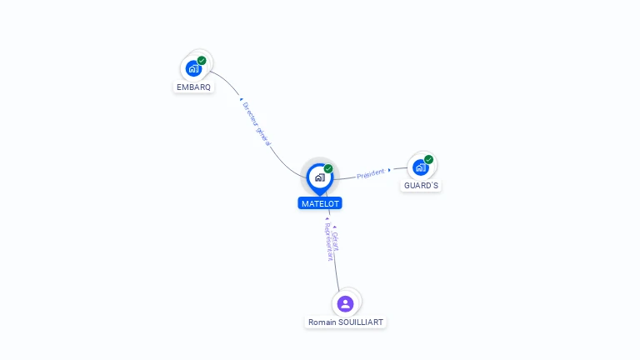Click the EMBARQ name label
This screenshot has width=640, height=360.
coord(193,87)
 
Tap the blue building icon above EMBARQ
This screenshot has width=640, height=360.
coord(193,68)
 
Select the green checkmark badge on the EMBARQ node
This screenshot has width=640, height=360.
coord(202,61)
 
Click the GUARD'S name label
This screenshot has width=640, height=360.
coord(421,186)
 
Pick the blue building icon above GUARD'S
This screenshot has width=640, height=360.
coord(420,167)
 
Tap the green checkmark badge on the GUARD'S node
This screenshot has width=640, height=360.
coord(428,160)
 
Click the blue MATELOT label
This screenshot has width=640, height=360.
coord(320,203)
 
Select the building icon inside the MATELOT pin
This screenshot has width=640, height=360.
coord(320,177)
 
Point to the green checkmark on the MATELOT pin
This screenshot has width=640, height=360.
coord(328,168)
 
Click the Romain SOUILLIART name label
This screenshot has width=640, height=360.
coord(345,322)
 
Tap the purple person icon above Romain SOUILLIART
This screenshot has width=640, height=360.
coord(345,304)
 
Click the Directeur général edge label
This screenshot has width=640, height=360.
coord(257,123)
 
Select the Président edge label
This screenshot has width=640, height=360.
coord(371,174)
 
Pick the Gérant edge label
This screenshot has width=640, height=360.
coord(336,241)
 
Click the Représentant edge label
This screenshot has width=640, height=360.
coord(329,242)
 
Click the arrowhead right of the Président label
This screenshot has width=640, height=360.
coord(389,170)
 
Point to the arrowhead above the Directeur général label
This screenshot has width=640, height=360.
coord(241,99)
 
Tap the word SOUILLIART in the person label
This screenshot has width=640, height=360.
coord(361,322)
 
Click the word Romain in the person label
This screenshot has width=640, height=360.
coord(322,322)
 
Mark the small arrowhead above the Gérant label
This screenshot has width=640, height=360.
coord(335,227)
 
